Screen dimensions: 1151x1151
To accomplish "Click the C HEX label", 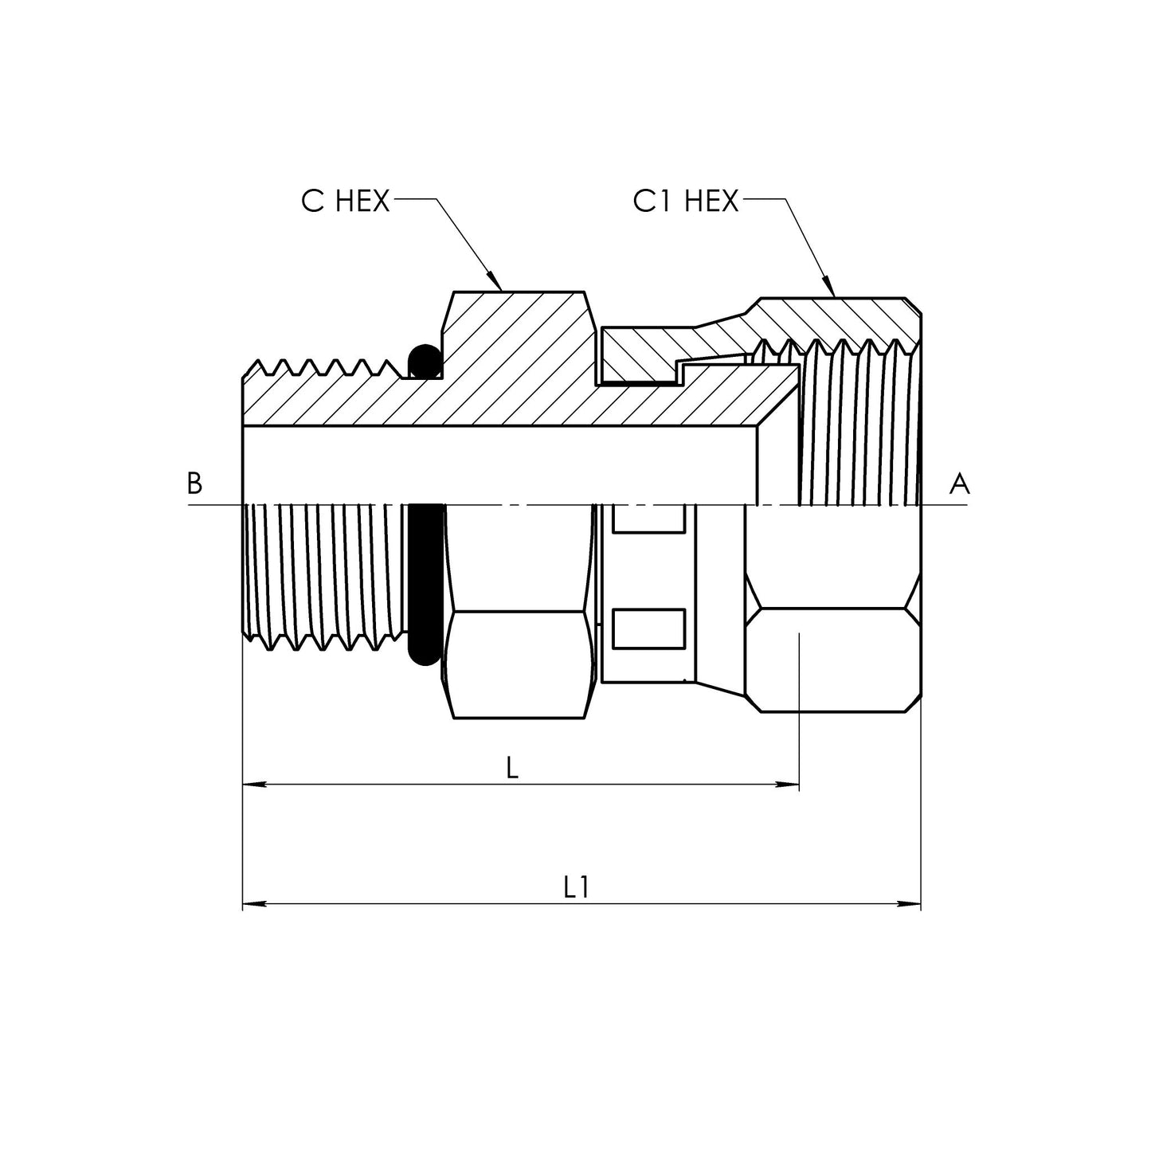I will pos(345,202).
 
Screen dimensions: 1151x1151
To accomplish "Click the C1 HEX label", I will pos(685,202).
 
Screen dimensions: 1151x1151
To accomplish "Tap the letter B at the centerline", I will pos(194,483).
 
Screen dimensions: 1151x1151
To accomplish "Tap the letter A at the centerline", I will pos(959,483).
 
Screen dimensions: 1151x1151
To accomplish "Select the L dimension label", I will pos(512,767).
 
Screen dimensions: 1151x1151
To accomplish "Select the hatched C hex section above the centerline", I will pos(518,350).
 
